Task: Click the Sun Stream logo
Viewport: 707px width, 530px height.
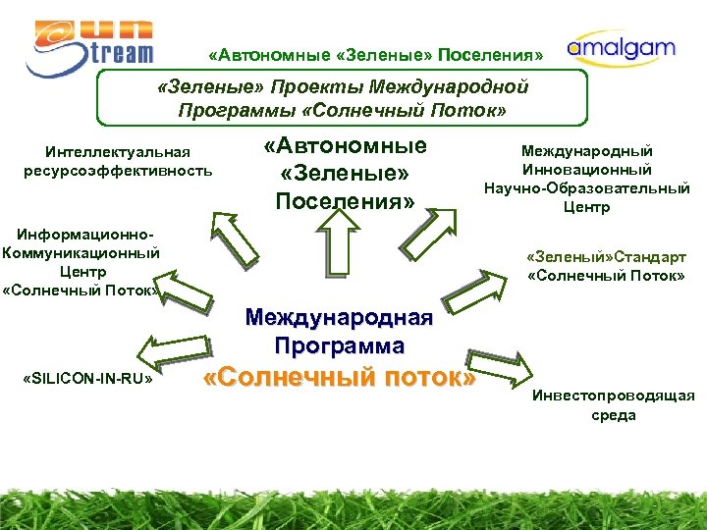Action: [89, 46]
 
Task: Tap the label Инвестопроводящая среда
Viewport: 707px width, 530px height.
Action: [613, 404]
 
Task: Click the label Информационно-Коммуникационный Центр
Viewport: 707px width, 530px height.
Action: [81, 262]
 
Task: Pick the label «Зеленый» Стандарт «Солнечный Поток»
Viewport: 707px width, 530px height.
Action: [605, 264]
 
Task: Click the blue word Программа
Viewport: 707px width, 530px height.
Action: [339, 345]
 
